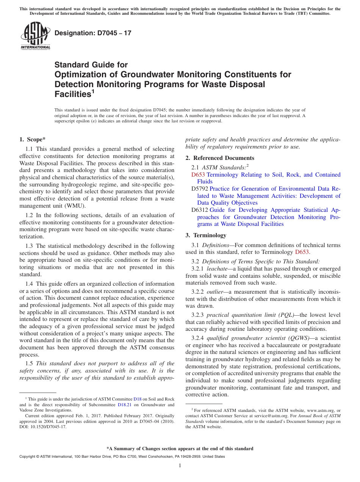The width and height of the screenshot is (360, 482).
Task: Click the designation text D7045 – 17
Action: tap(93, 33)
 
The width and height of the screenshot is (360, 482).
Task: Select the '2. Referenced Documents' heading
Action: tap(220, 158)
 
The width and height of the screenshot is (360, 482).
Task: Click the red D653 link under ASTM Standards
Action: tap(198, 175)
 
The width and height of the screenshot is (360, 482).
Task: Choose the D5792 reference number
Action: tap(200, 189)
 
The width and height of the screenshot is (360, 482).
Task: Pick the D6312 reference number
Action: tap(200, 210)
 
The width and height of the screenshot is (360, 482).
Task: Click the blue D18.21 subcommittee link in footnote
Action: tap(124, 405)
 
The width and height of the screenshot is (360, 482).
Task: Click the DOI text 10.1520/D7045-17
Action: tap(47, 427)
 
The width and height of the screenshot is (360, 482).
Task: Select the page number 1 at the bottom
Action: tap(180, 466)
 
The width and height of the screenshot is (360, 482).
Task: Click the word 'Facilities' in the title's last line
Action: tap(72, 94)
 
